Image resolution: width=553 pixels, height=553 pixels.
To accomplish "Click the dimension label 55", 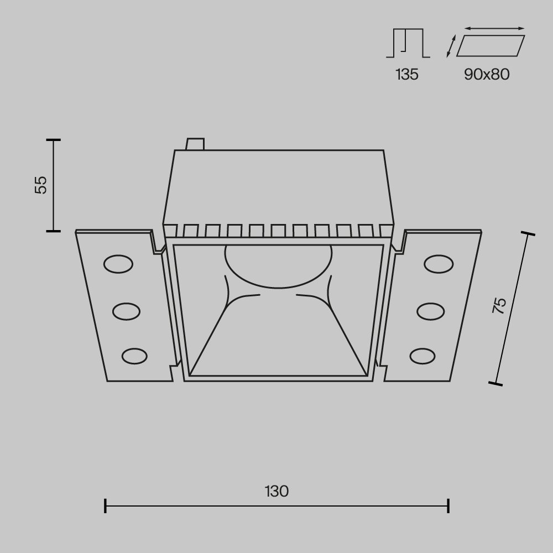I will click(41, 185).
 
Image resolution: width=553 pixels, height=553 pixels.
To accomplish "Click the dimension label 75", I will click(499, 306).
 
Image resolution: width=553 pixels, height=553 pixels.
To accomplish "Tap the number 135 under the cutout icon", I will click(407, 75).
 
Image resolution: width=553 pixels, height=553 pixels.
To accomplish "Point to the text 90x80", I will click(487, 75).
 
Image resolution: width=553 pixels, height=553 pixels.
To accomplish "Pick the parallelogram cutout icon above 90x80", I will click(490, 46).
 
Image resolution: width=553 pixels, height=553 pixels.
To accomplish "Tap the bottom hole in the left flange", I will click(134, 356).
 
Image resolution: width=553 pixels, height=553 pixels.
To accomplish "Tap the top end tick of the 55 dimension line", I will click(53, 140).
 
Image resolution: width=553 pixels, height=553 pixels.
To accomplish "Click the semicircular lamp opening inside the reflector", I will click(278, 264).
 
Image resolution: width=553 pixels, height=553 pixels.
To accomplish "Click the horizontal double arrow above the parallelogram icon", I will click(494, 28).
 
